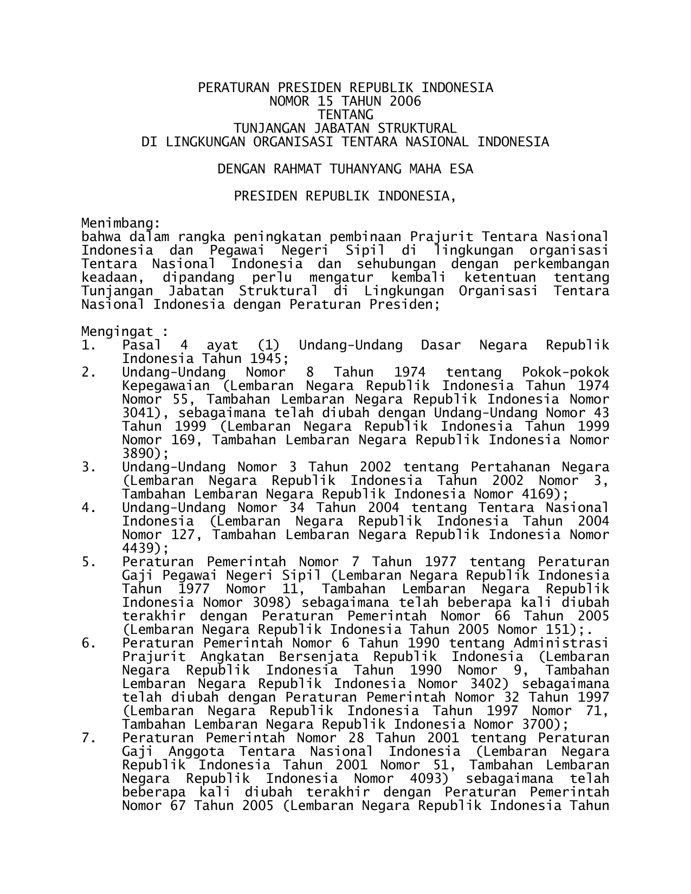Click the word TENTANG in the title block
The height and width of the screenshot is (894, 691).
(x=345, y=115)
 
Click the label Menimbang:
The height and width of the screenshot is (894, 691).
(x=120, y=223)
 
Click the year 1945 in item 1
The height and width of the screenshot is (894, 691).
(x=269, y=359)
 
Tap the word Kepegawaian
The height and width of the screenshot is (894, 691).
(x=166, y=386)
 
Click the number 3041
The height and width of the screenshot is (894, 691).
(x=138, y=413)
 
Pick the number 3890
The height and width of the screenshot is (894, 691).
(x=138, y=454)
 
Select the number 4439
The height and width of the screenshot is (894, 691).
(x=138, y=548)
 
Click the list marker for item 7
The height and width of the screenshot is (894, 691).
(x=89, y=738)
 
